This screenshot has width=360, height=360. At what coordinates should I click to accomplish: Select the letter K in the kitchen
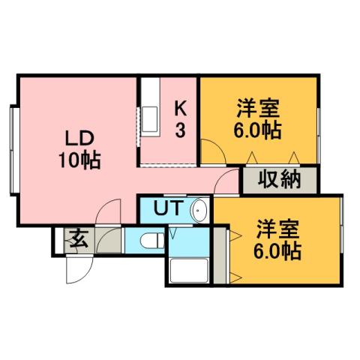(181, 108)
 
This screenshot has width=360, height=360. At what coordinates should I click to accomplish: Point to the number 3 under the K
(181, 130)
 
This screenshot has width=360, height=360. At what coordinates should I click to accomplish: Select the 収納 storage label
(279, 180)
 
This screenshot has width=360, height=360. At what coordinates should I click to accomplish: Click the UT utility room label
(167, 208)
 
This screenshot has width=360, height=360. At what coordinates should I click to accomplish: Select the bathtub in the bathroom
(190, 270)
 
